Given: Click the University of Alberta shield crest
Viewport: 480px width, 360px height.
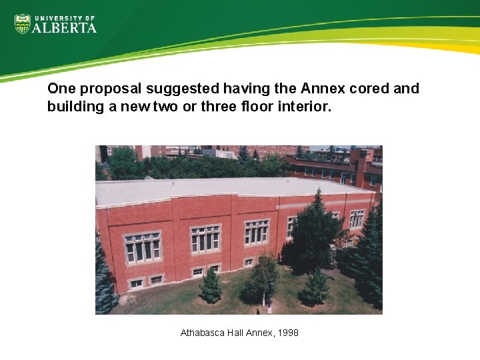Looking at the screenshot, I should (22, 24).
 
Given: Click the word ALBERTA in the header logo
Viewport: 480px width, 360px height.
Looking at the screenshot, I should (65, 27).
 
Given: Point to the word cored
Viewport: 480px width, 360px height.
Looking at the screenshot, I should (369, 89).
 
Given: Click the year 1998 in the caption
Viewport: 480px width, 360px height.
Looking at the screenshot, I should (287, 332).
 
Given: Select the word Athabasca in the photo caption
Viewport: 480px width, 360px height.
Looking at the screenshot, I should (203, 332).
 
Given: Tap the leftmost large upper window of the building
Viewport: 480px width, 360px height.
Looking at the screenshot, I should (143, 247).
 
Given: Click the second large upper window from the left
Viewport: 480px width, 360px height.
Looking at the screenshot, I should (205, 239).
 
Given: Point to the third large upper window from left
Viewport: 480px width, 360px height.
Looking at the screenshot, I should (257, 231).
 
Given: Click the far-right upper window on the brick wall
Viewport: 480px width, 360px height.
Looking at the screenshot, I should (357, 219).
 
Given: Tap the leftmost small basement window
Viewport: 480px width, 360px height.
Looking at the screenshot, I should (136, 283).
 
